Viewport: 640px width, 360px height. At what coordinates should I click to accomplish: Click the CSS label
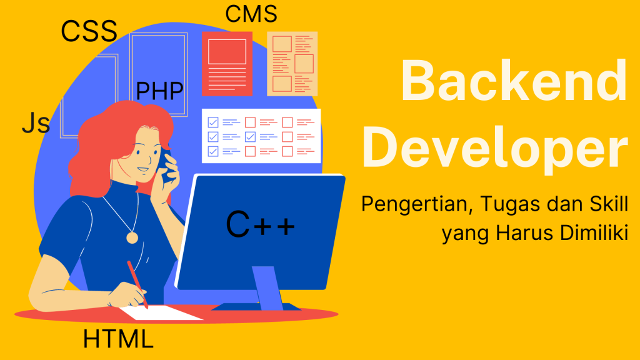89,31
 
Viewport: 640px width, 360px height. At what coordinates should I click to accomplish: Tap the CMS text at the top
251,13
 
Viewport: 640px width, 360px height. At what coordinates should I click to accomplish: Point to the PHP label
159,91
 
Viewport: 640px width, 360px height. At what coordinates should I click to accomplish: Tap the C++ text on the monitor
260,225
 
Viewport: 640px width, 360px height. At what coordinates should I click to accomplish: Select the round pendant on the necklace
132,237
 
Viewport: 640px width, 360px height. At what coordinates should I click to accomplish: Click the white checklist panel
261,136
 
